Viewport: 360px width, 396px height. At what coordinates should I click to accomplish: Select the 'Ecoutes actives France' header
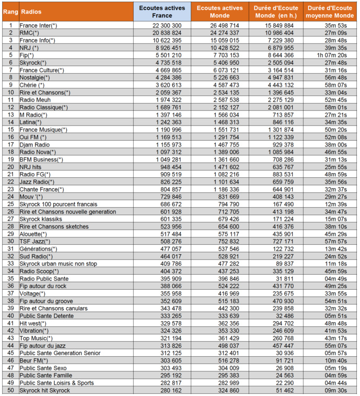pyautogui.click(x=161, y=12)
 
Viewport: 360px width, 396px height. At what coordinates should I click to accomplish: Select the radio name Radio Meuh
pyautogui.click(x=35, y=99)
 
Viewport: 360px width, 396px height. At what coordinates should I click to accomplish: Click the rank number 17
pyautogui.click(x=10, y=144)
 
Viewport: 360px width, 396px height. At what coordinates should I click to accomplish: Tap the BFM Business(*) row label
pyautogui.click(x=41, y=159)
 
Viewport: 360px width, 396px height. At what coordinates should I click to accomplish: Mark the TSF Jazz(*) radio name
pyautogui.click(x=35, y=241)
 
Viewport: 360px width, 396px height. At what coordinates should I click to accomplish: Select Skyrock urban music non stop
pyautogui.click(x=58, y=264)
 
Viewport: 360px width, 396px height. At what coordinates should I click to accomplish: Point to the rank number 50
pyautogui.click(x=10, y=390)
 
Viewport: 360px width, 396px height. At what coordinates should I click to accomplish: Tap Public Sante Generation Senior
pyautogui.click(x=60, y=353)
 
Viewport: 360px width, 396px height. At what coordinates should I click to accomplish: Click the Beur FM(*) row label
pyautogui.click(x=33, y=360)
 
